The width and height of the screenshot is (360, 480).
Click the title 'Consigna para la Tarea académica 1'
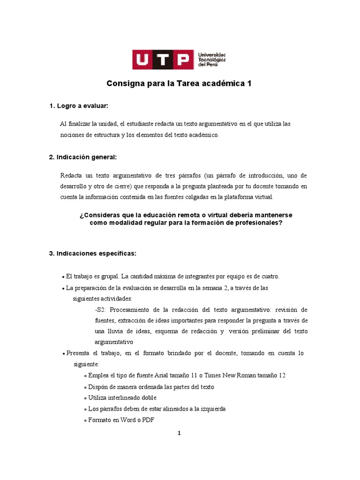tap(180, 84)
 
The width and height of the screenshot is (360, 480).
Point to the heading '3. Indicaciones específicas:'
tap(92, 254)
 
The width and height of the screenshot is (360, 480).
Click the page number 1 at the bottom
tap(179, 433)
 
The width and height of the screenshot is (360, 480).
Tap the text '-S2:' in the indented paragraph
tap(101, 310)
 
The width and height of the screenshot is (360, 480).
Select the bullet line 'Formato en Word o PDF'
tap(120, 420)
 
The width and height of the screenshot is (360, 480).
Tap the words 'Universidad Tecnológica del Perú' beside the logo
tap(212, 60)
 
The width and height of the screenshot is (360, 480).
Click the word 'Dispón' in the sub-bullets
tap(98, 387)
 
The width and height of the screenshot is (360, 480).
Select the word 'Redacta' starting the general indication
tap(70, 175)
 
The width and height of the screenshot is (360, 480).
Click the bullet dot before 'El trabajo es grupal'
tap(63, 277)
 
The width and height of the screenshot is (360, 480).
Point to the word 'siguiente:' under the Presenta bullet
tap(86, 364)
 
